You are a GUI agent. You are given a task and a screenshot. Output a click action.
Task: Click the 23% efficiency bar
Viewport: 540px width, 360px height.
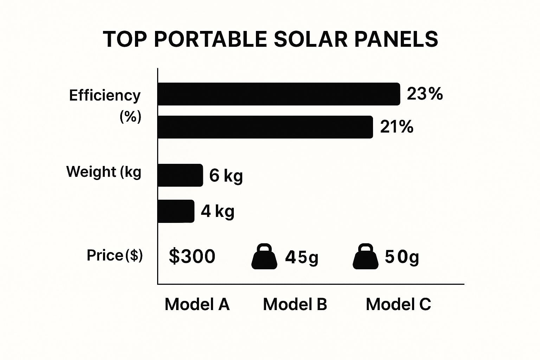click(x=279, y=94)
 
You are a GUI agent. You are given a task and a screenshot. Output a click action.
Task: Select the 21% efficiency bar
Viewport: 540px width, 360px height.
click(x=265, y=127)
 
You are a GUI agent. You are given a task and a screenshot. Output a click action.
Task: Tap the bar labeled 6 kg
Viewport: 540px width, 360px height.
click(x=180, y=175)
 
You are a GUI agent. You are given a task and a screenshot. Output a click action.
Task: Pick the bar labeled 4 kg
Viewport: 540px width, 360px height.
click(x=176, y=211)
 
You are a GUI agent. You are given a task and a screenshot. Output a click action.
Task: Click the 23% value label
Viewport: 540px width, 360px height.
click(x=425, y=94)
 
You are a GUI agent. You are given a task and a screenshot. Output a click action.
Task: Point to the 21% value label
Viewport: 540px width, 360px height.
click(x=397, y=127)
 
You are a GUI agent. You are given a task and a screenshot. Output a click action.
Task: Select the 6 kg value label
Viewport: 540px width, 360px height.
click(x=226, y=175)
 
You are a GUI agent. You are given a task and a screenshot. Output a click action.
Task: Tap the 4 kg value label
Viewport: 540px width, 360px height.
click(x=218, y=211)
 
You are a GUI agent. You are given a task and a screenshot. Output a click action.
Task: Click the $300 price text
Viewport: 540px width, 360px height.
click(x=192, y=256)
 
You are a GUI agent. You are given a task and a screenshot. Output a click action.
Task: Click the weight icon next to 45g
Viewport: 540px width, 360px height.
click(x=264, y=257)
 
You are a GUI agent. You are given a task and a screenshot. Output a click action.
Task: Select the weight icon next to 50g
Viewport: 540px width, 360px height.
click(x=366, y=257)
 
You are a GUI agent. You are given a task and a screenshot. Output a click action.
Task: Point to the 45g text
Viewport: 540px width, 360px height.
click(x=302, y=257)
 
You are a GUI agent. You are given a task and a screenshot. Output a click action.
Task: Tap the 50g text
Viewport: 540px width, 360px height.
click(x=402, y=257)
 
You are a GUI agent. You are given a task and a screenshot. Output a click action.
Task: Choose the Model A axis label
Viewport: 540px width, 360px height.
click(x=197, y=304)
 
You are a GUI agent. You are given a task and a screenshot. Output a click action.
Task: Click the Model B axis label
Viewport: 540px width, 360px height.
click(x=295, y=304)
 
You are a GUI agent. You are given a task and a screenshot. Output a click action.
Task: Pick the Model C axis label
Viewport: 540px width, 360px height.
click(x=398, y=304)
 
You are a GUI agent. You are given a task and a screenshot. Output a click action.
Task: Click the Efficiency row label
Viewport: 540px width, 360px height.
click(x=105, y=96)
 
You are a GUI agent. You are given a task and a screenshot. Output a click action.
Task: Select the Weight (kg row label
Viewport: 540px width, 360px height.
click(x=104, y=172)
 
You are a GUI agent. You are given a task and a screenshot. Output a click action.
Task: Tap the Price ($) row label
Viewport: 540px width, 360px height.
click(x=115, y=255)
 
